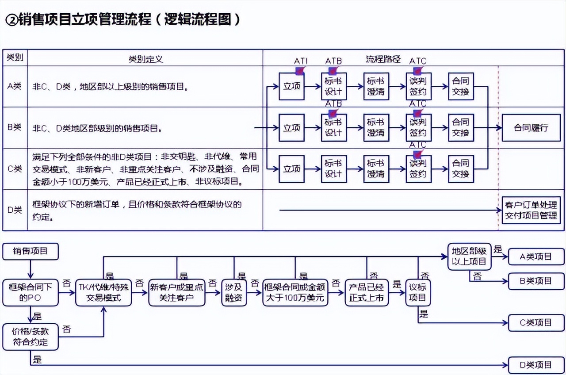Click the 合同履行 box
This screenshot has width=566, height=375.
[x=531, y=128]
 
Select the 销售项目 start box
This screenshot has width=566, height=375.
[x=30, y=251]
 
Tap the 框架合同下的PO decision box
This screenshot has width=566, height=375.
[x=30, y=292]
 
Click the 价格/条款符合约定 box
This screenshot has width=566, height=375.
[x=30, y=337]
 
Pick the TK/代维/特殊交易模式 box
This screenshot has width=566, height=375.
[x=104, y=292]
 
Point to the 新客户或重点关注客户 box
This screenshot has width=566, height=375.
[x=177, y=292]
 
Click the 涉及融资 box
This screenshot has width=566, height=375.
[x=234, y=292]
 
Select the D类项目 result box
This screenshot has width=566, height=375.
[x=536, y=365]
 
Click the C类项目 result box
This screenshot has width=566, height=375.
[x=536, y=323]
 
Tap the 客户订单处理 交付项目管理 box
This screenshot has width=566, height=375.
[x=531, y=210]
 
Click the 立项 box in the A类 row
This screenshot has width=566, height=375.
[x=291, y=86]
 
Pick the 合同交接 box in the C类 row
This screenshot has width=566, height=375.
[x=461, y=169]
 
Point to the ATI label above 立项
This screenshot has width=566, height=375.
[x=301, y=61]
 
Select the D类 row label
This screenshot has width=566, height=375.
[x=15, y=210]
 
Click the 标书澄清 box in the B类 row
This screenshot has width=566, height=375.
[x=376, y=128]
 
